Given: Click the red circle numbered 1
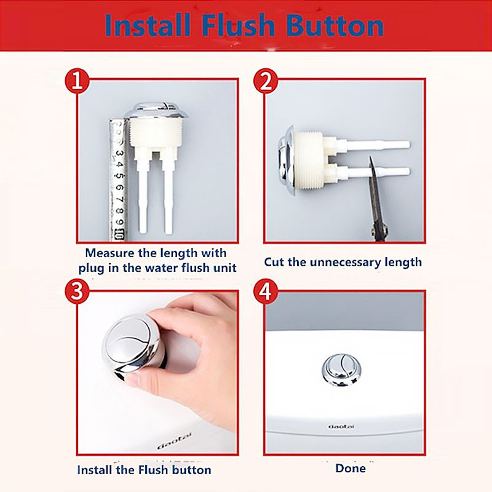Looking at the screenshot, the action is click(x=77, y=81).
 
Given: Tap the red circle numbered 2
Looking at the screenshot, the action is click(x=266, y=81).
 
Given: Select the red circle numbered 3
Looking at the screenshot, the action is click(x=77, y=292).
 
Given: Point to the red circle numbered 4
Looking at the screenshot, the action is click(x=266, y=292).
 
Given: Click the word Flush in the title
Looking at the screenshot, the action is click(x=239, y=25).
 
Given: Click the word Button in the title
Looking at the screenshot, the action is click(x=335, y=26).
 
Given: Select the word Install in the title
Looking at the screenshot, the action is click(x=148, y=25).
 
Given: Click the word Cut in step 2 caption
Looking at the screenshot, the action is click(x=274, y=262).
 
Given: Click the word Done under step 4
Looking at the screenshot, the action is click(x=351, y=469).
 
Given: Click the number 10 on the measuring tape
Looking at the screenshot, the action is click(x=119, y=234).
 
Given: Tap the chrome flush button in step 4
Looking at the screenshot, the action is click(x=341, y=370).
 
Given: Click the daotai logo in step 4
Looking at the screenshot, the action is click(x=341, y=426).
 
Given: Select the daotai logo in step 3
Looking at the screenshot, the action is click(x=174, y=441).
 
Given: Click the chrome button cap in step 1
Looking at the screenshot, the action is click(x=156, y=110).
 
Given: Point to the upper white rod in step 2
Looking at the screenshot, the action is click(x=370, y=145).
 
